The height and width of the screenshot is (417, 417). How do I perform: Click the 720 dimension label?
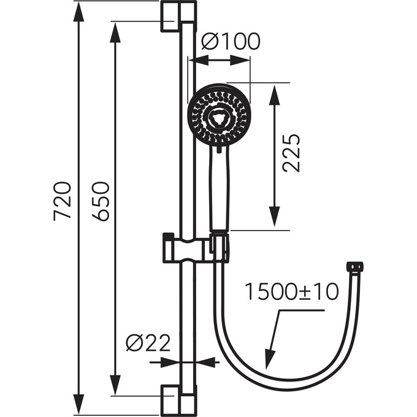coord(63,201)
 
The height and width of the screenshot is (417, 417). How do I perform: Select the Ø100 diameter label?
coord(231,42)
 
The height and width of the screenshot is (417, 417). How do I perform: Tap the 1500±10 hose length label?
coord(291,292)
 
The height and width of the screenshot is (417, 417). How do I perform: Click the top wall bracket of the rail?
coord(178,16)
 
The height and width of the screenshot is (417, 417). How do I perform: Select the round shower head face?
coord(219,115)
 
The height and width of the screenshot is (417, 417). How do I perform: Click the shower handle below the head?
coord(219,187)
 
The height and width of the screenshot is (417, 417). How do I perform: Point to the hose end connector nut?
coord(354,267)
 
